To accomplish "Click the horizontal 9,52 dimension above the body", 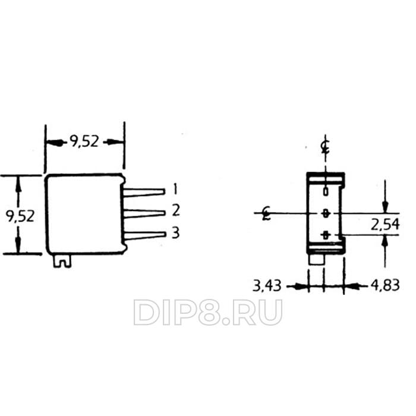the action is [x=84, y=141].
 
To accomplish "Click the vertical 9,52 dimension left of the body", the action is [x=20, y=216].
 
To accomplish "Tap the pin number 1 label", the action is [x=175, y=189].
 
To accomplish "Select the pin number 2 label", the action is [x=176, y=210].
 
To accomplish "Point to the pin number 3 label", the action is [x=176, y=233].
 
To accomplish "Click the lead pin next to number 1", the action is [x=144, y=192].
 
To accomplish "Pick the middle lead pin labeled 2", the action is [x=144, y=213].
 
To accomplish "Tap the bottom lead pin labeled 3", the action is [x=145, y=235].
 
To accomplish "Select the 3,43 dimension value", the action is [x=267, y=286].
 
